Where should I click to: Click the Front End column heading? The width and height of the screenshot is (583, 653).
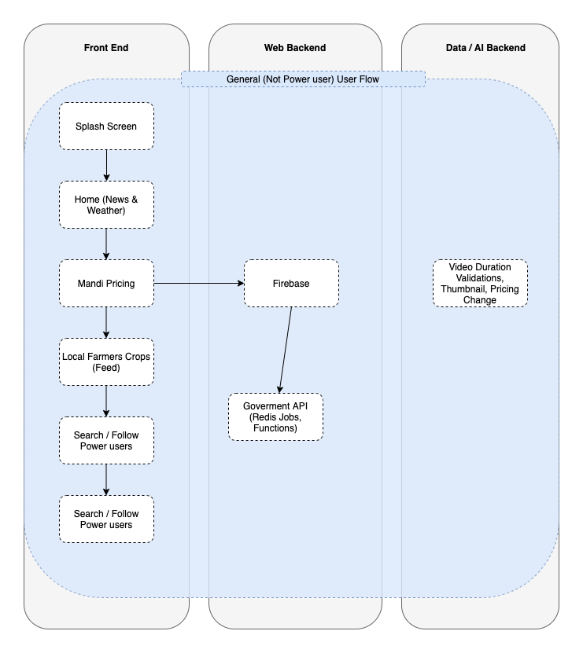tap(106, 48)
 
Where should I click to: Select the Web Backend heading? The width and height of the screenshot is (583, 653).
tap(295, 48)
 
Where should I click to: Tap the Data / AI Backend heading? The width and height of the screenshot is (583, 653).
tap(485, 48)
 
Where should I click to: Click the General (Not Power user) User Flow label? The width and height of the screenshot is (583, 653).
tap(303, 79)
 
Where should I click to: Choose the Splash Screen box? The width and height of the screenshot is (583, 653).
tap(106, 127)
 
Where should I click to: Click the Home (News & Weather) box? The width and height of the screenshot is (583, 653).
tap(106, 204)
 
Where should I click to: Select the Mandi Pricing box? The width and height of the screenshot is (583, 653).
tap(106, 283)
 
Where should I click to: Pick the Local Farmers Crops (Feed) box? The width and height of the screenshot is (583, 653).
tap(106, 362)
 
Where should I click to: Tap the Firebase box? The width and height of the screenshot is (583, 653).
tap(291, 283)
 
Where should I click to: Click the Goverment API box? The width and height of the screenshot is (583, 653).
tap(275, 417)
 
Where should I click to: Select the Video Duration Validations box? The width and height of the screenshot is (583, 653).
tap(480, 283)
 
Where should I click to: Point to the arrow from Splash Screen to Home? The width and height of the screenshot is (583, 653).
tap(106, 165)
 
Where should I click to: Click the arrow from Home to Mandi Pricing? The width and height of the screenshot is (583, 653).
tap(106, 244)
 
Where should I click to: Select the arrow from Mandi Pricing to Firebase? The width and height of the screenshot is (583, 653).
tap(199, 283)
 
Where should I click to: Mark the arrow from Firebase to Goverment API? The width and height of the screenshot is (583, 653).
tap(286, 350)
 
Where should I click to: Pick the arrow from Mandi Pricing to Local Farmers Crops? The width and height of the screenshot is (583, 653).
tap(106, 323)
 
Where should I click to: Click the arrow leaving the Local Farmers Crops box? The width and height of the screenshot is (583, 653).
tap(106, 401)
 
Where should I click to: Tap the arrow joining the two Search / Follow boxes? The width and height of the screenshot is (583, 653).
tap(106, 480)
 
